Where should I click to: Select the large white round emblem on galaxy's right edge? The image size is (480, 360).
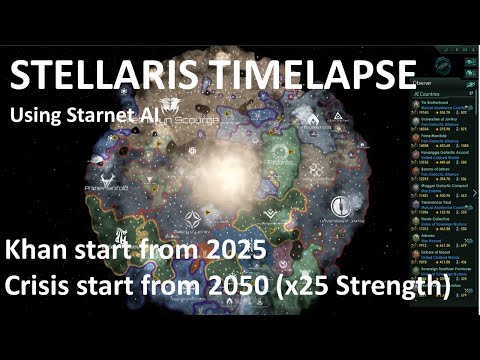[342, 204]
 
